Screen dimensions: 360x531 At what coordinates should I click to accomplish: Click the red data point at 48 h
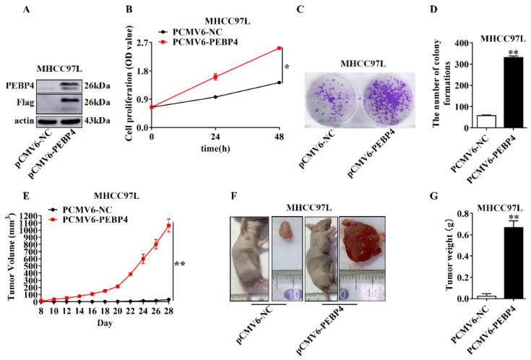point(279,48)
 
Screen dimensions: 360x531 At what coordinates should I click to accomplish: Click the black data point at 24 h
point(215,96)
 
